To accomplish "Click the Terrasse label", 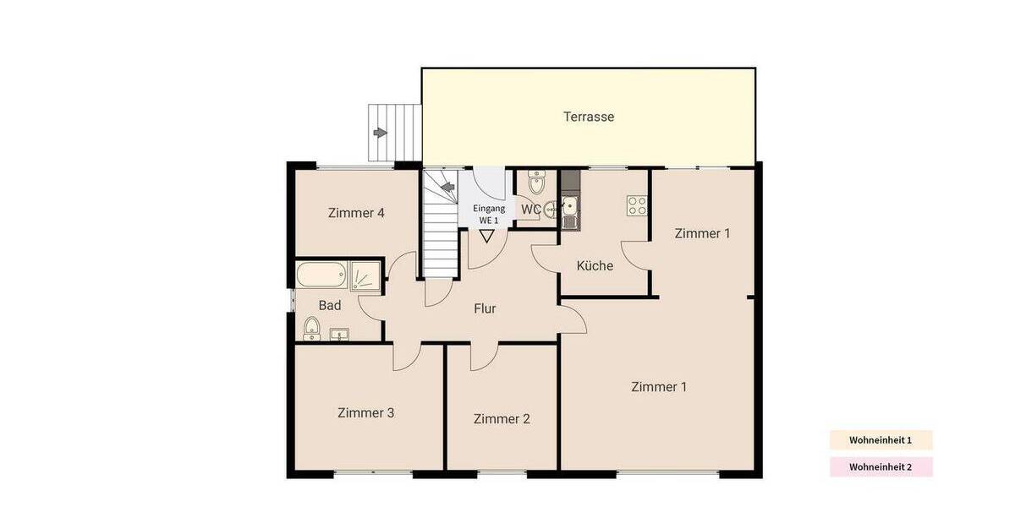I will click(x=589, y=117).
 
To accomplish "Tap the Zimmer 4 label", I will click(x=356, y=213).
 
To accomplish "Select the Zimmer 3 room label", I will click(x=365, y=413).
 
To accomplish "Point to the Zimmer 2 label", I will click(x=502, y=418).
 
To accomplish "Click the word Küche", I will click(x=595, y=265).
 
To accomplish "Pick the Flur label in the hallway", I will click(x=485, y=308).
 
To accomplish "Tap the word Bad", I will click(x=329, y=305).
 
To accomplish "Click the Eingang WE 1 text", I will click(x=489, y=214).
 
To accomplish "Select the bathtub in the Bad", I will click(x=321, y=275).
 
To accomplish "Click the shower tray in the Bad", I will click(x=366, y=275).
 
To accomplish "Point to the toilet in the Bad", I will click(x=311, y=328).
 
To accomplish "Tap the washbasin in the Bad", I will click(x=339, y=334).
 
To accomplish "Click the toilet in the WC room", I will click(x=536, y=183).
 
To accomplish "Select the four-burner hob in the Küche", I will click(x=636, y=204).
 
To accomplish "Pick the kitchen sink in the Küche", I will click(x=569, y=207).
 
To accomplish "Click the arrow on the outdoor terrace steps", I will click(x=381, y=133).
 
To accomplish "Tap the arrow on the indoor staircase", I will click(x=447, y=187).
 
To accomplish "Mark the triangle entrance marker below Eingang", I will click(x=486, y=236).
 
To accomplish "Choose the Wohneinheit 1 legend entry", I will click(x=880, y=440).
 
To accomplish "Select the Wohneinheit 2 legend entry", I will click(x=880, y=466).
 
